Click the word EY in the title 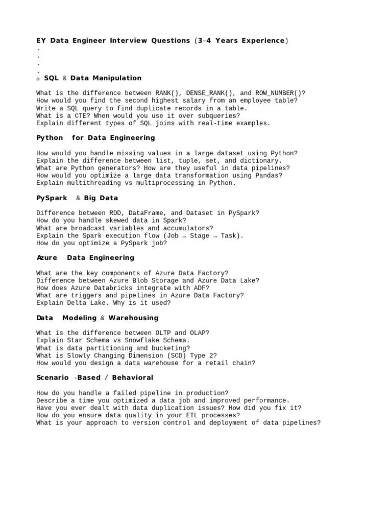(x=41, y=40)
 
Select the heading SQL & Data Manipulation (x=92, y=78)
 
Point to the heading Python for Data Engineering (x=95, y=138)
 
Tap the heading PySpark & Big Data (x=77, y=198)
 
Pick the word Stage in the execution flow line (x=200, y=236)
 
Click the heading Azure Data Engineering (x=85, y=258)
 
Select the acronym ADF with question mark (x=202, y=288)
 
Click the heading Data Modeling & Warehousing (x=97, y=318)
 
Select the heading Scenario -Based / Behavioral (x=95, y=378)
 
